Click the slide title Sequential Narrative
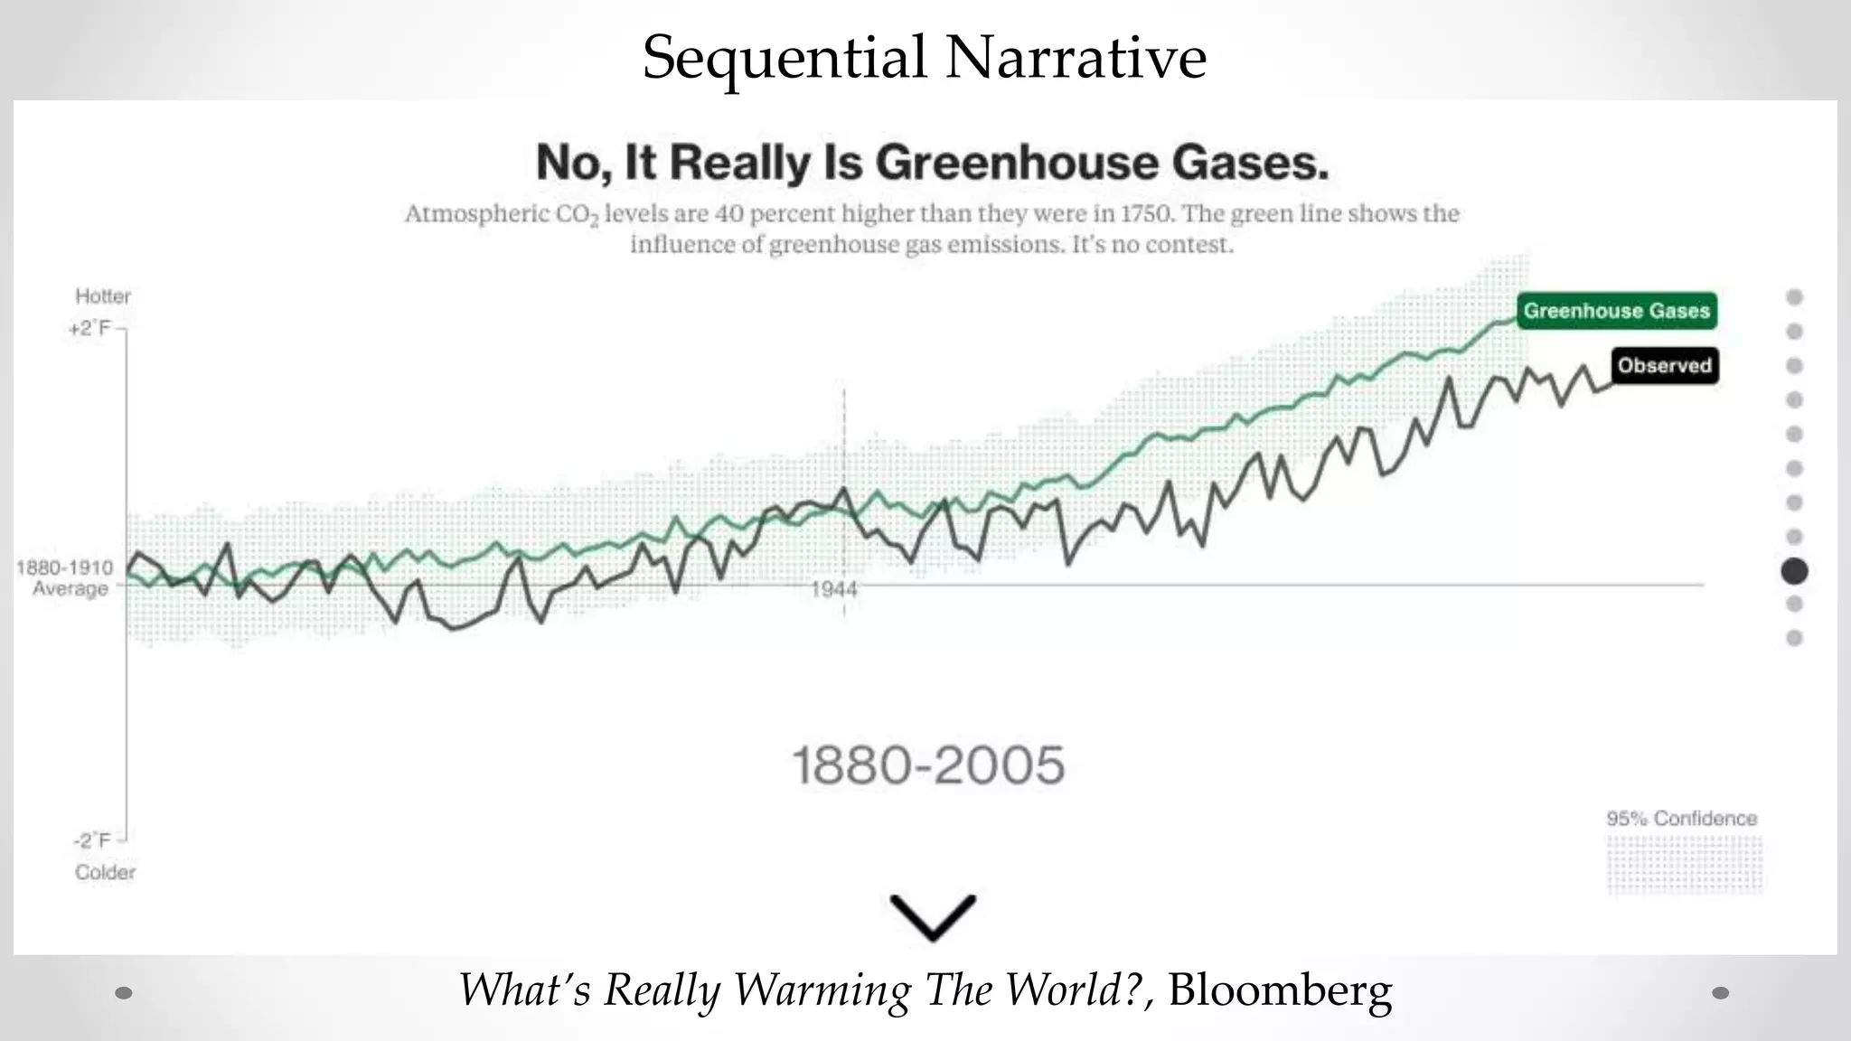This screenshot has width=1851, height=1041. [x=924, y=57]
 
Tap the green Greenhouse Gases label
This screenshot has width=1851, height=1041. [x=1616, y=311]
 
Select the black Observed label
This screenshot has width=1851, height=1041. [x=1664, y=366]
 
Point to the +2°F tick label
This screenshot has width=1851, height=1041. [x=89, y=328]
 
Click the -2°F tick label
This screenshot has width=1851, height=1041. [x=93, y=840]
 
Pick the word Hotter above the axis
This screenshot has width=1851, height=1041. [x=103, y=296]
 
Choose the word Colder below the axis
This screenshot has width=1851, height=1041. [x=105, y=872]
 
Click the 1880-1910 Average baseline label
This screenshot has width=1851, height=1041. [x=65, y=577]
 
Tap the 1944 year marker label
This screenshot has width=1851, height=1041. [x=833, y=590]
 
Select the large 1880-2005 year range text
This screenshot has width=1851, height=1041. [x=928, y=765]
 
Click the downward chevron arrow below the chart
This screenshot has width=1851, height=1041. [x=933, y=916]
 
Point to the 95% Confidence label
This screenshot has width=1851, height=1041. [x=1681, y=819]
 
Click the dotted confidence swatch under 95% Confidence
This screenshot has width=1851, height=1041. [x=1684, y=865]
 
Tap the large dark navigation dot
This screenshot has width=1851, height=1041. [x=1794, y=571]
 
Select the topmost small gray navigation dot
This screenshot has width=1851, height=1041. [x=1794, y=297]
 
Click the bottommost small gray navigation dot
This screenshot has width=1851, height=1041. [x=1794, y=638]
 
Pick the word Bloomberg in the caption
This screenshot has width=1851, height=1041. [x=1280, y=989]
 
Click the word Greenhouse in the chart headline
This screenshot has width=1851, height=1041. [x=1016, y=163]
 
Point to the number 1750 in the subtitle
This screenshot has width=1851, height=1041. [x=1146, y=214]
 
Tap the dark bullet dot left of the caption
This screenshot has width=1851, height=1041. [x=125, y=993]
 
